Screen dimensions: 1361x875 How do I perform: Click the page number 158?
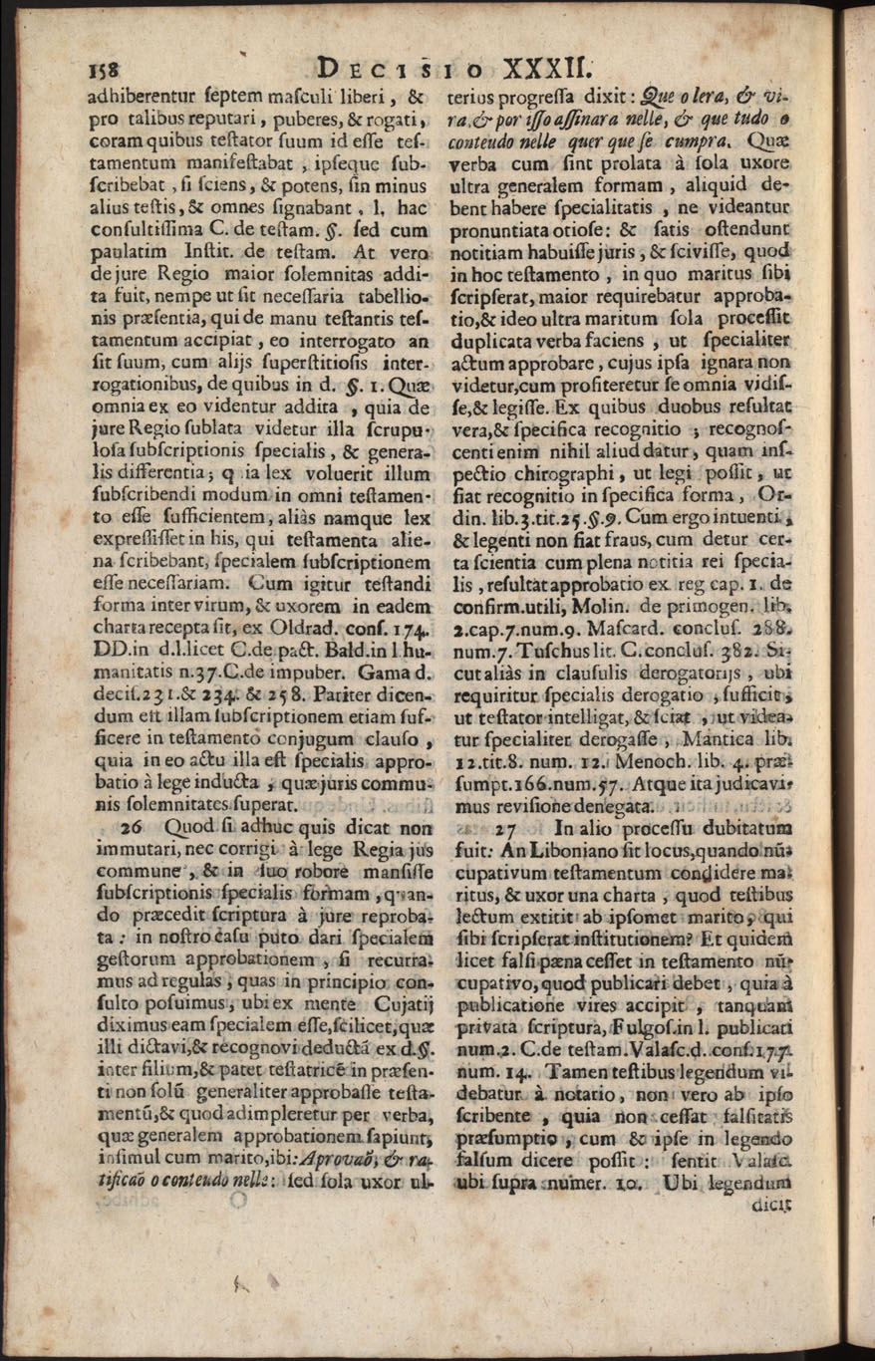(x=104, y=72)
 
